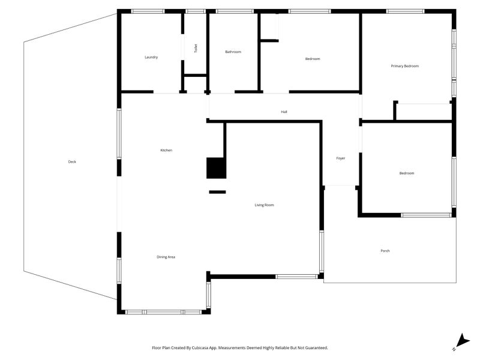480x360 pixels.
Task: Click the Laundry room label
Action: tap(151, 58)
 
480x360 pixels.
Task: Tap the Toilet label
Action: tap(195, 49)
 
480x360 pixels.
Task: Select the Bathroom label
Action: tap(233, 52)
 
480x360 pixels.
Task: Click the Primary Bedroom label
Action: tap(404, 66)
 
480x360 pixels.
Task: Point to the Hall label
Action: tap(284, 112)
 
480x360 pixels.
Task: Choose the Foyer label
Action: tap(340, 158)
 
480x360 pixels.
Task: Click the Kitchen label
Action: tap(166, 150)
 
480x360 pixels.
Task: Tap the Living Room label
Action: tap(264, 205)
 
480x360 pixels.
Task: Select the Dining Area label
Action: tap(166, 257)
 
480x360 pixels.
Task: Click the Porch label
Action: tap(385, 251)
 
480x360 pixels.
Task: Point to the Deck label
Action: tap(72, 162)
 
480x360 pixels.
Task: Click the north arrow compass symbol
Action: tap(460, 341)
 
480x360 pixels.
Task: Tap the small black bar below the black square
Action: tap(217, 192)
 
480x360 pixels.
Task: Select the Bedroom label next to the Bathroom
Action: tap(313, 59)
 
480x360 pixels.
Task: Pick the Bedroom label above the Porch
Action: tap(407, 173)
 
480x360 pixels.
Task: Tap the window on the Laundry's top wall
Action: tap(148, 11)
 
